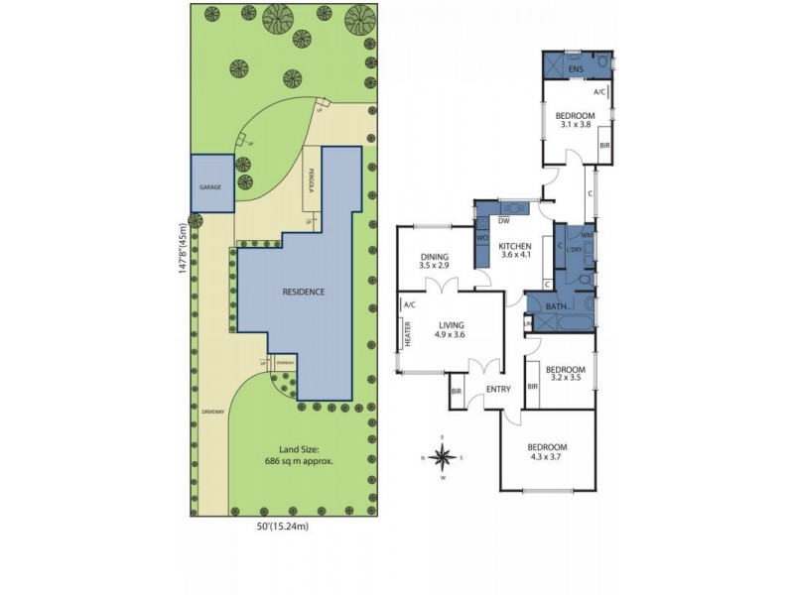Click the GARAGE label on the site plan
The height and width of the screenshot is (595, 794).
[x=209, y=186]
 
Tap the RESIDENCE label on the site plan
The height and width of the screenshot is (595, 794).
[x=304, y=292]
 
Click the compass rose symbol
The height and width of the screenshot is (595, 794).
[x=445, y=456]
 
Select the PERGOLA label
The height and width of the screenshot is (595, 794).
[x=312, y=187]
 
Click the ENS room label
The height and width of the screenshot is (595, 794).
[x=576, y=68]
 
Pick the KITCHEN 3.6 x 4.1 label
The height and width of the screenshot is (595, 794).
[x=515, y=250]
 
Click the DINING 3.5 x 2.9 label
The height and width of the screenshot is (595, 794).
[x=435, y=262]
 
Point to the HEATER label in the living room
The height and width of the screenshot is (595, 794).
[x=408, y=337]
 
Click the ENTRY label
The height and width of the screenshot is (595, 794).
[x=498, y=389]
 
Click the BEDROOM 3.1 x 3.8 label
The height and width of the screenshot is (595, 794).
[x=576, y=122]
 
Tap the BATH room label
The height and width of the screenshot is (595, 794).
[x=556, y=306]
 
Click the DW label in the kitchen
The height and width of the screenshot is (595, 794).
[x=504, y=220]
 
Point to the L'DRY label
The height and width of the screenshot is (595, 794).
[x=573, y=249]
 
